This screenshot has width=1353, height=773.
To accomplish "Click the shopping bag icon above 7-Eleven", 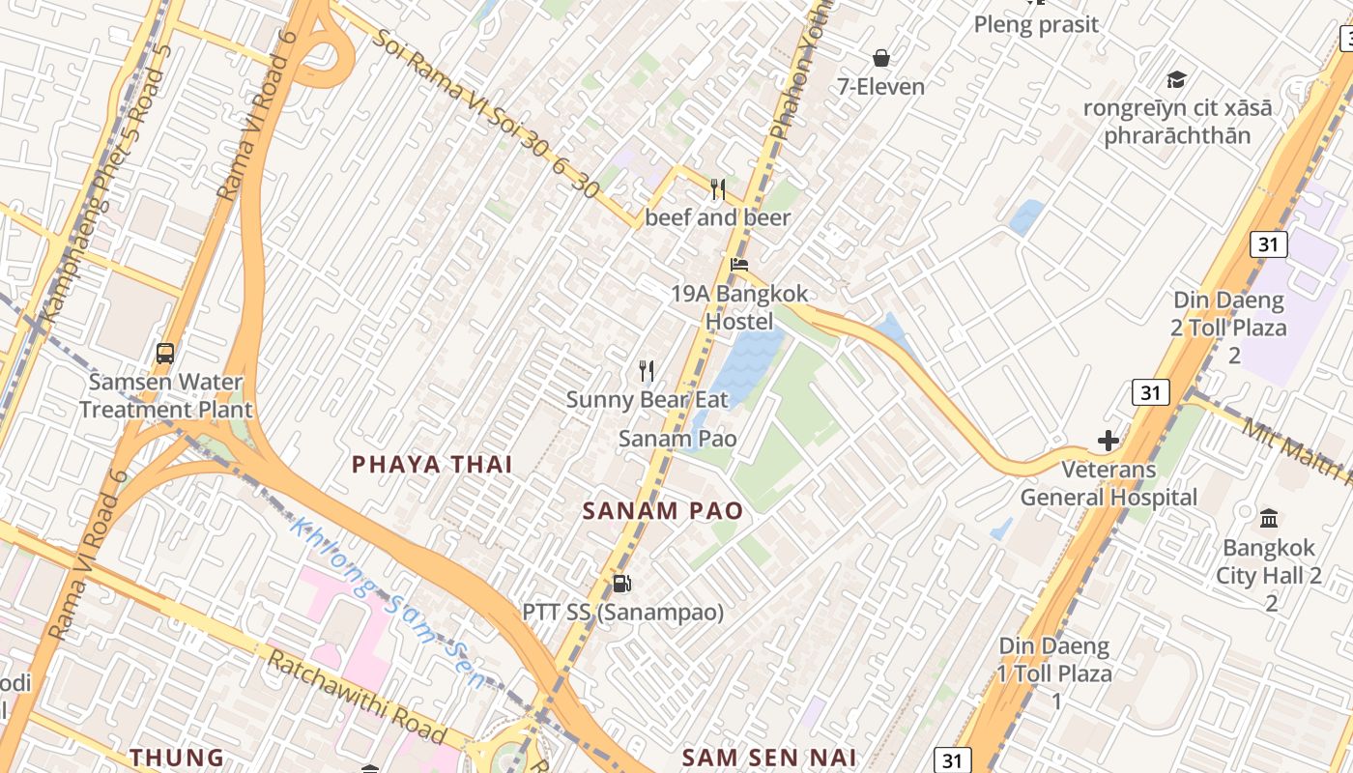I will click(x=880, y=58).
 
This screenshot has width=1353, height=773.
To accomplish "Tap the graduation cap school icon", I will click(x=1176, y=79).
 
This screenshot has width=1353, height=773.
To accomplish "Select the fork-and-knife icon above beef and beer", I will click(x=718, y=189).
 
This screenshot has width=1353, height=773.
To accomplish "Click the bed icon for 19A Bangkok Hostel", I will click(x=739, y=264).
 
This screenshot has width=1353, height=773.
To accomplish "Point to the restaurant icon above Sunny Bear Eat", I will click(x=647, y=370).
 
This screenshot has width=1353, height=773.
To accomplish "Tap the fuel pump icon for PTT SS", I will click(x=622, y=583).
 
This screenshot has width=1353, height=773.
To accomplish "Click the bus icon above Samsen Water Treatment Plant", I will click(x=165, y=353).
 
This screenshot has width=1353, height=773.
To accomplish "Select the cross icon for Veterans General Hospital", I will click(x=1108, y=442).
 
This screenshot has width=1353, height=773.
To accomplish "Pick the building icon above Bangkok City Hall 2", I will click(x=1269, y=519).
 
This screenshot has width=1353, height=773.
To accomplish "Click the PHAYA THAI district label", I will click(x=431, y=465).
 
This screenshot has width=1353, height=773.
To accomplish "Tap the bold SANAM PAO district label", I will click(x=663, y=511).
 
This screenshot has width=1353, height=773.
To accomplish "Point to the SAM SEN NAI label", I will click(x=769, y=758).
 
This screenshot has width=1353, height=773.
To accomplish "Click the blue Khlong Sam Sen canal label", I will click(x=390, y=604).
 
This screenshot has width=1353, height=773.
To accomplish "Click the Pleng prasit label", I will click(x=1036, y=24).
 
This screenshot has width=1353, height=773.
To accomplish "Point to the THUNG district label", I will click(x=177, y=758).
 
